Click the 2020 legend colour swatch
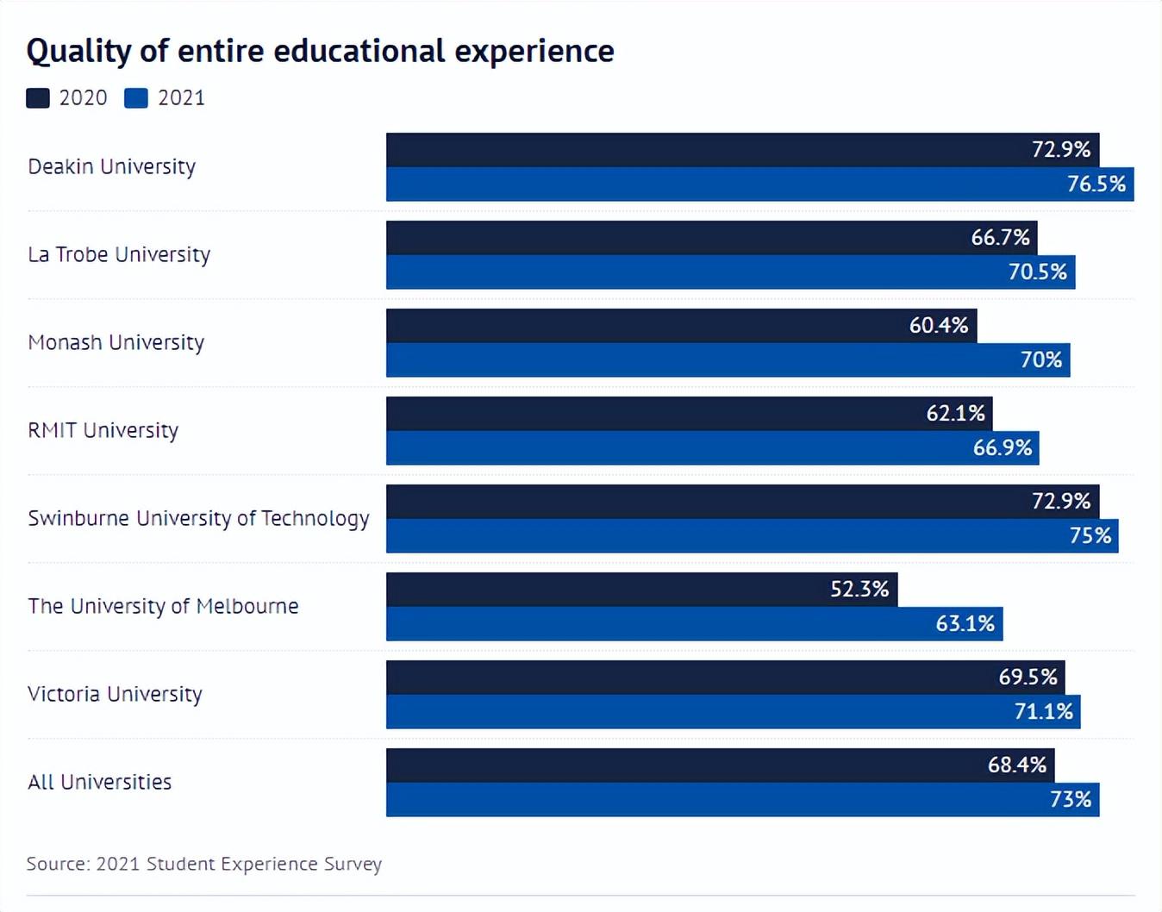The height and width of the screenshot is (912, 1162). tap(38, 98)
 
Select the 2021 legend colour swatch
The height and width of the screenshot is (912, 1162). tap(136, 98)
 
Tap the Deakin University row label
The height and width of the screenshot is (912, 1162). tap(112, 166)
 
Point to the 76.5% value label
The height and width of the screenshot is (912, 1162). tap(1096, 184)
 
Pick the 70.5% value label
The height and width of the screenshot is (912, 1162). tap(1038, 272)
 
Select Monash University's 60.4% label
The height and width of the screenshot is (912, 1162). tap(939, 326)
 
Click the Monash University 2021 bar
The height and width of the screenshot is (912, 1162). tap(690, 360)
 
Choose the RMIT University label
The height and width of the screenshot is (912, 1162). tap(103, 430)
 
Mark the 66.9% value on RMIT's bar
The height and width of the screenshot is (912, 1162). tap(1003, 448)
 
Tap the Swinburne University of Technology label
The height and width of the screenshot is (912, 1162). tap(198, 518)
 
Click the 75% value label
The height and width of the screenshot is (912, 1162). tap(1090, 536)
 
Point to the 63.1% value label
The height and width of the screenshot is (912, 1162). tap(965, 624)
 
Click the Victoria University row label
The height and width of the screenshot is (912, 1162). tap(115, 694)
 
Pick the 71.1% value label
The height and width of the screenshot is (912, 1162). tap(1044, 712)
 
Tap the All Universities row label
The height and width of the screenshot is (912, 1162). tap(100, 782)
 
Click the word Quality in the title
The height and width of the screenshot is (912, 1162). tap(78, 52)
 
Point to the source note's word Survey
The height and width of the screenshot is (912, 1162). tap(353, 864)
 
